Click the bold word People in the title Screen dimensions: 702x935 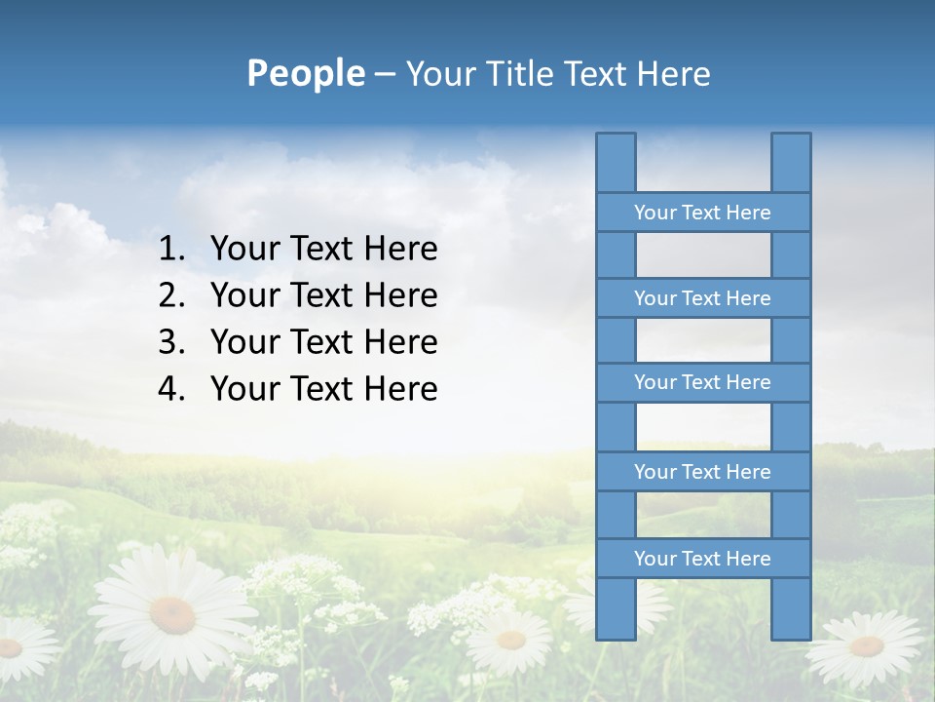click(x=305, y=73)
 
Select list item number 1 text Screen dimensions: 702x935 click(x=323, y=249)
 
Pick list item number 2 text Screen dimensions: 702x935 click(x=323, y=295)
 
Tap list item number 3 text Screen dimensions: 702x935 click(x=323, y=342)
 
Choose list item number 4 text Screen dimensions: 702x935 click(x=323, y=389)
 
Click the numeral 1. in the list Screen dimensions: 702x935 click(x=171, y=249)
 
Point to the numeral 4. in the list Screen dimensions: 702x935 click(x=171, y=389)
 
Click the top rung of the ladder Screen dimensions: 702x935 click(x=702, y=213)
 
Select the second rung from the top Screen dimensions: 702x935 click(x=702, y=298)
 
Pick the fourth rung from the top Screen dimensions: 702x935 click(x=702, y=472)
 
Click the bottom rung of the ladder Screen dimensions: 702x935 click(x=702, y=559)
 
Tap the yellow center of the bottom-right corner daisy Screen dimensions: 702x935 click(x=866, y=645)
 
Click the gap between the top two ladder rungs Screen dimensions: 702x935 click(x=703, y=255)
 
